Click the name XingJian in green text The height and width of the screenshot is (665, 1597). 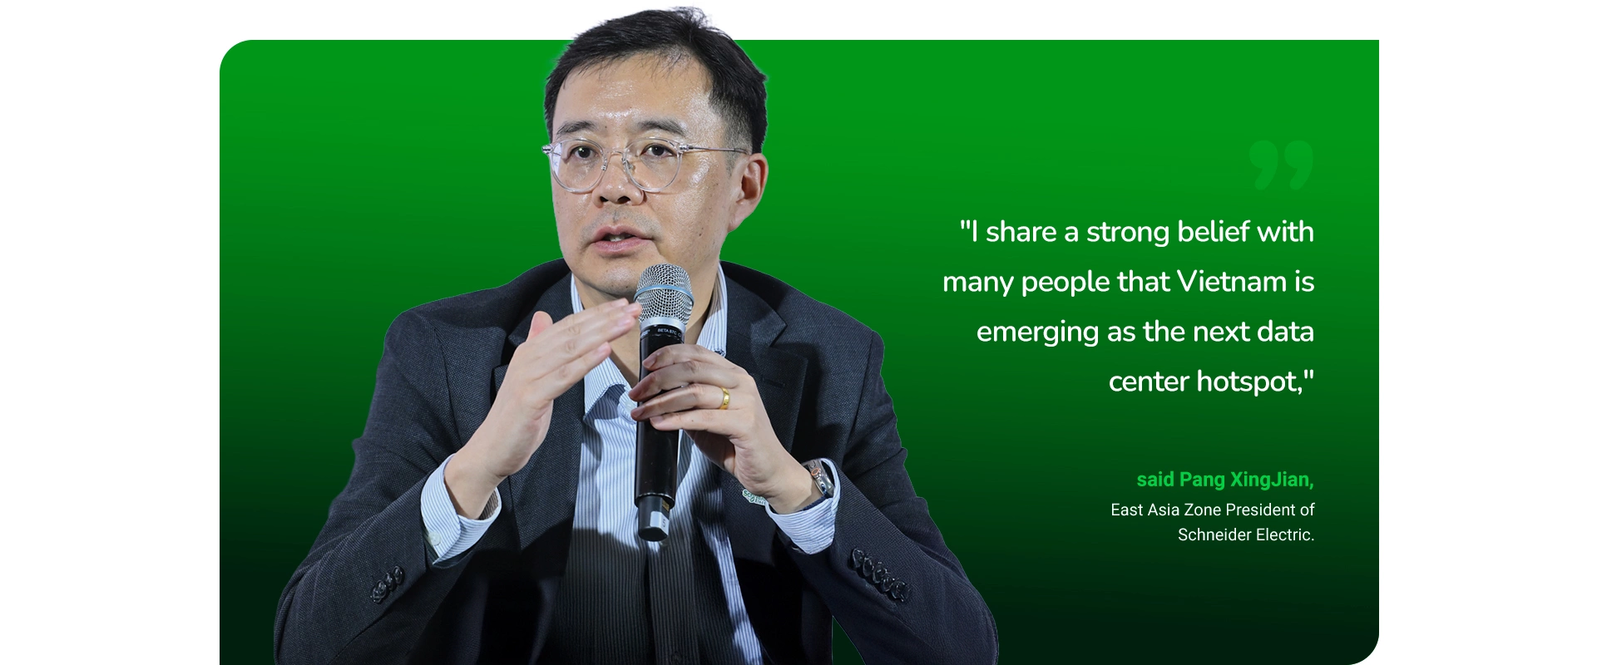(x=1272, y=480)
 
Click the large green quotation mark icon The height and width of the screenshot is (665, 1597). (x=1281, y=164)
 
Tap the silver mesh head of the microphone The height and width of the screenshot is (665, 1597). (x=663, y=294)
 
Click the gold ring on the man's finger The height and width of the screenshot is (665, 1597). (x=724, y=398)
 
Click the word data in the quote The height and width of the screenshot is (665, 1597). (x=1285, y=332)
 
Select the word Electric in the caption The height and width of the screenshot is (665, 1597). (x=1286, y=534)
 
